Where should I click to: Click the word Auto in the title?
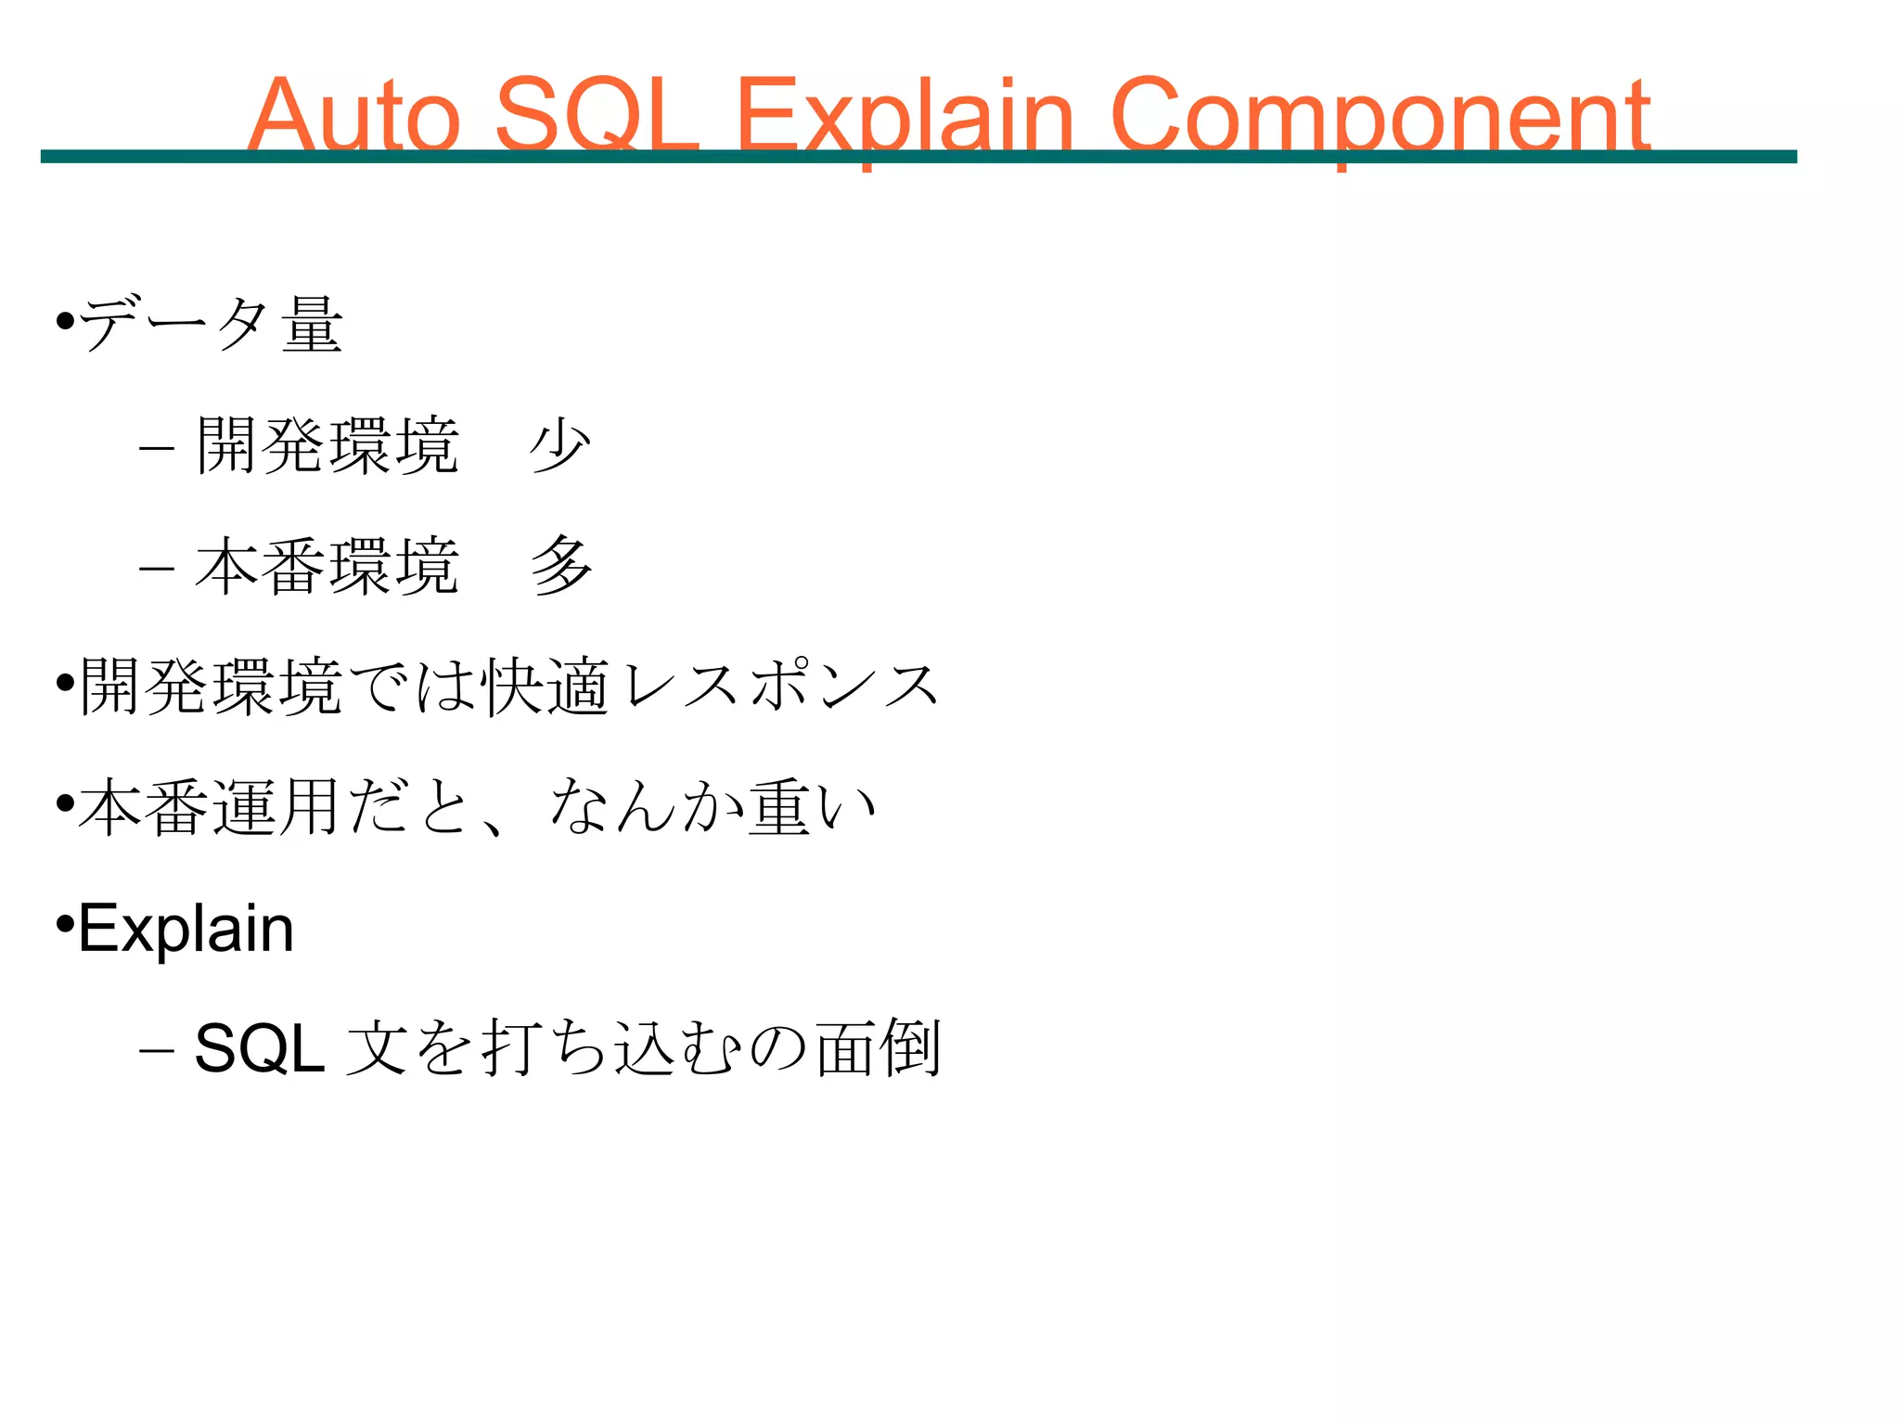(353, 115)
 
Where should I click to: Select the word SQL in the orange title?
(597, 115)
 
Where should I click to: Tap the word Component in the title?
(1380, 117)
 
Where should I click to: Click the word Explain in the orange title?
(905, 117)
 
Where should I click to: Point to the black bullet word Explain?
(186, 929)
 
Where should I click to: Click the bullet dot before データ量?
(65, 322)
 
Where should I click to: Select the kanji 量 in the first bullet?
(313, 325)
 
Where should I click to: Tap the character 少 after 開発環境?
(560, 446)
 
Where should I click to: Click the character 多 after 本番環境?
(560, 566)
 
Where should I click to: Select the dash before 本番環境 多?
(156, 569)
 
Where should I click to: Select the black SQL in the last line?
(259, 1049)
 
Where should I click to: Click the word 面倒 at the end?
(879, 1049)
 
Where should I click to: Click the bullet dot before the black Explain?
(65, 925)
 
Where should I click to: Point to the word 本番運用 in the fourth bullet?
(208, 808)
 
